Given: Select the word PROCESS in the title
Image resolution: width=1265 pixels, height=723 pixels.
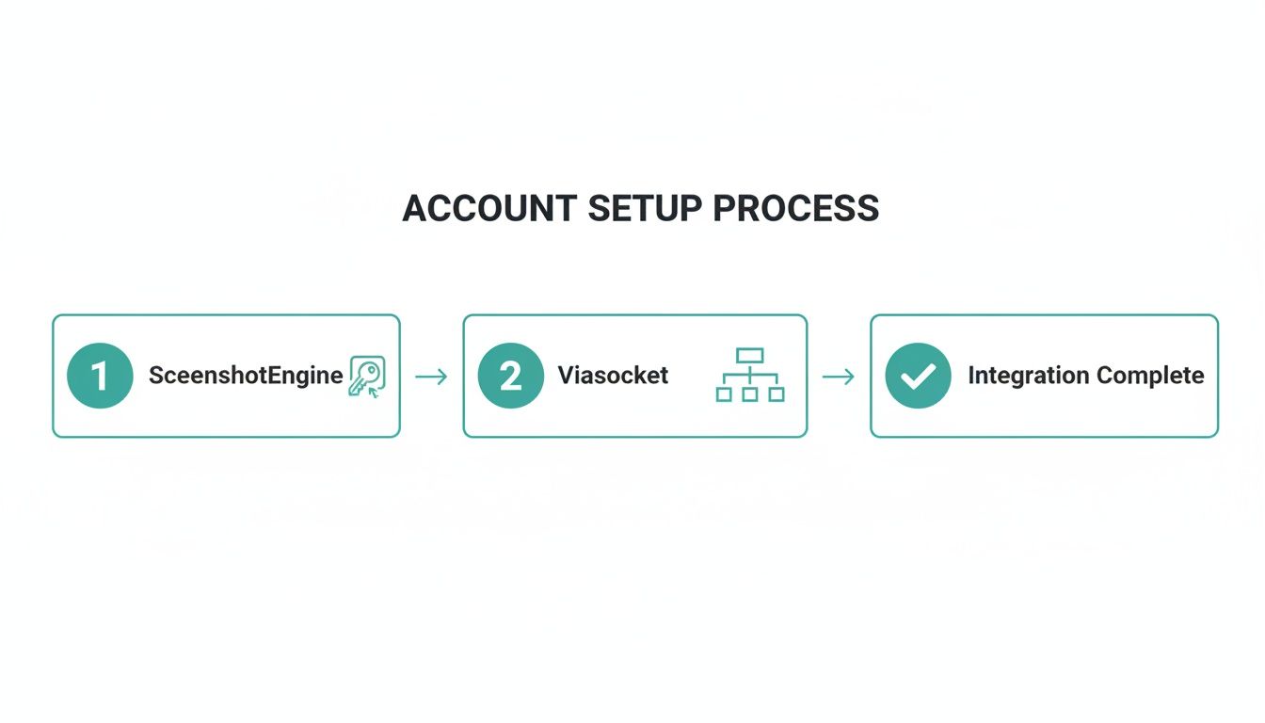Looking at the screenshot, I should [796, 208].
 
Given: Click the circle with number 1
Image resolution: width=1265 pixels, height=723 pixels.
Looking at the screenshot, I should [100, 376].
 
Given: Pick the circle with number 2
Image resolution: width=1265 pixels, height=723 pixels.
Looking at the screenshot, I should [510, 376].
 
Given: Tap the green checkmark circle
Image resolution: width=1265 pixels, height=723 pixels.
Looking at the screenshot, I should [918, 376].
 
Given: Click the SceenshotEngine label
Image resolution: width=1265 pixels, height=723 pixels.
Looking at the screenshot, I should [246, 376].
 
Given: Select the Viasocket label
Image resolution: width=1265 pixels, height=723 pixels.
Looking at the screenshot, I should [613, 376].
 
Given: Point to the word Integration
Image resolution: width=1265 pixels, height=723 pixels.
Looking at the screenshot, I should [1027, 376].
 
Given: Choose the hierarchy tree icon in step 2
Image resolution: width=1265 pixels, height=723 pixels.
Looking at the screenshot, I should [750, 375].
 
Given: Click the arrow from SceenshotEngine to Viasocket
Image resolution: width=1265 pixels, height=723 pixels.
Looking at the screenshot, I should [431, 377].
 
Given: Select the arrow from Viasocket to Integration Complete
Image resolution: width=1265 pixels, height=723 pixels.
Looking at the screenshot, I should [838, 377].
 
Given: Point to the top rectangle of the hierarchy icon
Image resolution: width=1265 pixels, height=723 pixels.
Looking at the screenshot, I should [750, 355].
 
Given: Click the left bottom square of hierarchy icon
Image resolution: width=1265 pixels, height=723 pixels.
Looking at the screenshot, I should [724, 394].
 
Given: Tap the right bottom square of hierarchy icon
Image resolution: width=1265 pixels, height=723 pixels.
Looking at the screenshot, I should [777, 394].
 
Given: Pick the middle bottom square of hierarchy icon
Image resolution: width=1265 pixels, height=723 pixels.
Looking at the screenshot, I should [750, 394].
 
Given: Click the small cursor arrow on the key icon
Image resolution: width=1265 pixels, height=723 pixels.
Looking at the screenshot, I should [375, 391].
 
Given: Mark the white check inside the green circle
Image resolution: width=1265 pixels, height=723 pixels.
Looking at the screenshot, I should [918, 376].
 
